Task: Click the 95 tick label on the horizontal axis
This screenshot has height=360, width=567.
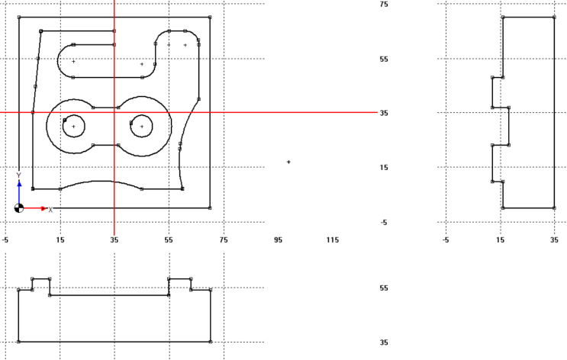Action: point(278,239)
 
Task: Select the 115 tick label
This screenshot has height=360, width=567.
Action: point(333,239)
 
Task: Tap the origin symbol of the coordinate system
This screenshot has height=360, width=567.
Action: point(19,207)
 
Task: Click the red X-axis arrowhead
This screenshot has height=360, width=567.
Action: point(43,207)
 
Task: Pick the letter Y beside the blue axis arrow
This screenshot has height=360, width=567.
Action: point(19,175)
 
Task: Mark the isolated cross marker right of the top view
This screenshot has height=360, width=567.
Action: point(288,162)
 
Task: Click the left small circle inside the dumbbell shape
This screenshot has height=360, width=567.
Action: point(73,126)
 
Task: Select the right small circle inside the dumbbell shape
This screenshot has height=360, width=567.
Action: point(142,126)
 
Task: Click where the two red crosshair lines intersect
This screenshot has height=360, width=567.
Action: point(114,113)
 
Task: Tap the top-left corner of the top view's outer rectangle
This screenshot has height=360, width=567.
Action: point(19,17)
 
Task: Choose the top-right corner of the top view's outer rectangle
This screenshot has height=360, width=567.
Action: point(210,17)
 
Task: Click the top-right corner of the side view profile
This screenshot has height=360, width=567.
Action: point(554,17)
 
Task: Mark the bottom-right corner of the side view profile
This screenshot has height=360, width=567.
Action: point(554,207)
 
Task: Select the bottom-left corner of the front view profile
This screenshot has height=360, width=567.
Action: point(19,342)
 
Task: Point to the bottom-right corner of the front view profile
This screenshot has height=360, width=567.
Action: point(210,342)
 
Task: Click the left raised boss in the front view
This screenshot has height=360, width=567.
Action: point(40,284)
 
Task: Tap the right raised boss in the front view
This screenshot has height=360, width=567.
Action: point(179,284)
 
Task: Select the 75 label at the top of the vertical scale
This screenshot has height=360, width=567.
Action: point(385,5)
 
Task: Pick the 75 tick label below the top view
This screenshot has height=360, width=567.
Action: point(224,239)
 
